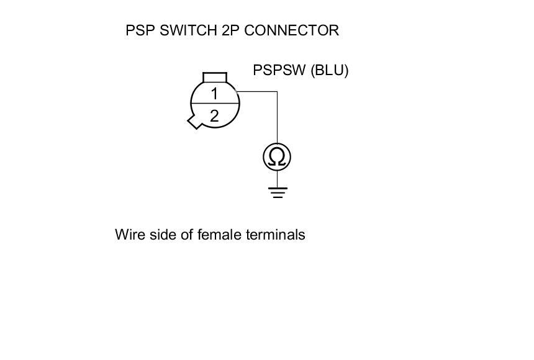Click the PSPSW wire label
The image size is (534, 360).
click(279, 70)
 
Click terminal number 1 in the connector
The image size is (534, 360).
click(214, 94)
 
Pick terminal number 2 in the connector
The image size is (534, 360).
click(214, 115)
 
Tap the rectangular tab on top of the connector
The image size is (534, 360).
click(215, 77)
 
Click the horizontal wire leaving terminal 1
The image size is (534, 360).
click(258, 92)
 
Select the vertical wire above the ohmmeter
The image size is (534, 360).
click(277, 118)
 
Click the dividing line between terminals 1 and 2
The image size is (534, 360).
click(214, 104)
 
